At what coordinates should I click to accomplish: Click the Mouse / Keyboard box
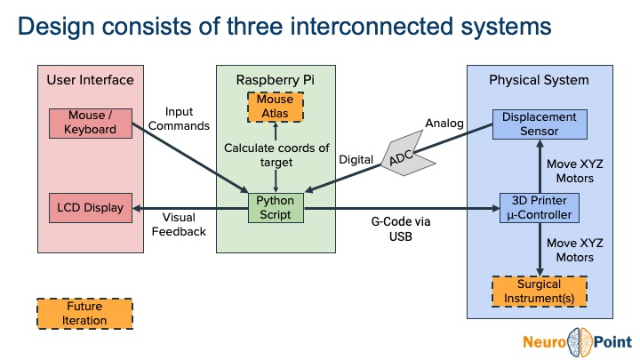91,123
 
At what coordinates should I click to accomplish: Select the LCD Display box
91,207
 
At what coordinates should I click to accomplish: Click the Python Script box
276,207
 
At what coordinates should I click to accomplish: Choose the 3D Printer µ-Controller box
540,207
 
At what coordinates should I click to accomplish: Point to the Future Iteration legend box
84,314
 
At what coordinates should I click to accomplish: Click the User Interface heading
91,81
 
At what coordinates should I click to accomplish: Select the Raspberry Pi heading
276,81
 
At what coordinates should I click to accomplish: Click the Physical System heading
539,81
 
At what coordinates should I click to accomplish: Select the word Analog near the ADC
444,123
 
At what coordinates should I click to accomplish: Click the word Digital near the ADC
356,160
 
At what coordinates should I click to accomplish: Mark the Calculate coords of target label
276,155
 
